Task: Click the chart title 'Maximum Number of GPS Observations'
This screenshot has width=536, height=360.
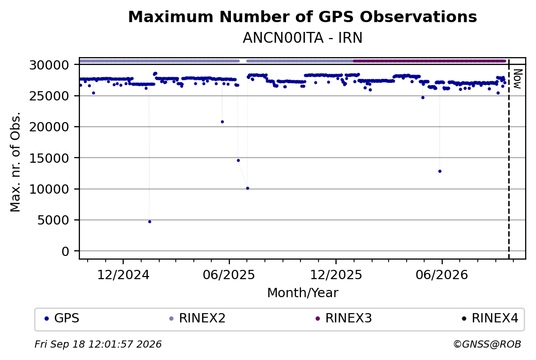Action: [x=303, y=16]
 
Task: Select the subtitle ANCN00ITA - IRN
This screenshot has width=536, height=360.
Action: [x=303, y=38]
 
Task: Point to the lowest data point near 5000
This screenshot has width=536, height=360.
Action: [x=149, y=221]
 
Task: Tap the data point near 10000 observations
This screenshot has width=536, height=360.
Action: [x=247, y=188]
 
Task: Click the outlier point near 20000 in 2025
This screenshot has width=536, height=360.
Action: [x=222, y=122]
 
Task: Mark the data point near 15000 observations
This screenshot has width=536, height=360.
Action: [x=238, y=160]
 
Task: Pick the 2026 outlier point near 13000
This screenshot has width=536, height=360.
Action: [x=440, y=171]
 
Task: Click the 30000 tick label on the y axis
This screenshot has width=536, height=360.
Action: [x=49, y=65]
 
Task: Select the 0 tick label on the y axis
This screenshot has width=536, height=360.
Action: [x=65, y=251]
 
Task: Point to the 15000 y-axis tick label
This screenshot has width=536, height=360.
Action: [x=49, y=158]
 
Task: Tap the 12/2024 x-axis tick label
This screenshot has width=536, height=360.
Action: [x=123, y=275]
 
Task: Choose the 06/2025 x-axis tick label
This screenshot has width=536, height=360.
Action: [x=229, y=275]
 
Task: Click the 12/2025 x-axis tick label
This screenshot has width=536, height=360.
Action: [x=336, y=275]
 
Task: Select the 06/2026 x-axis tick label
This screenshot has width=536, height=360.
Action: [x=442, y=275]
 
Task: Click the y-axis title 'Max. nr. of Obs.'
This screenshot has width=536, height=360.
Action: [x=15, y=162]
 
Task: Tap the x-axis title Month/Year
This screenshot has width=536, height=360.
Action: [x=303, y=293]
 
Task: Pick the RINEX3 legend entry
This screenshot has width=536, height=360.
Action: [x=344, y=318]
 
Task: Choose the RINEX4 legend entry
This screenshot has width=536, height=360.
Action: [x=490, y=318]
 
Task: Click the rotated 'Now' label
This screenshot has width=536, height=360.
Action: [x=517, y=79]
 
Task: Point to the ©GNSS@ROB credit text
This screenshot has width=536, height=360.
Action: [x=487, y=344]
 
